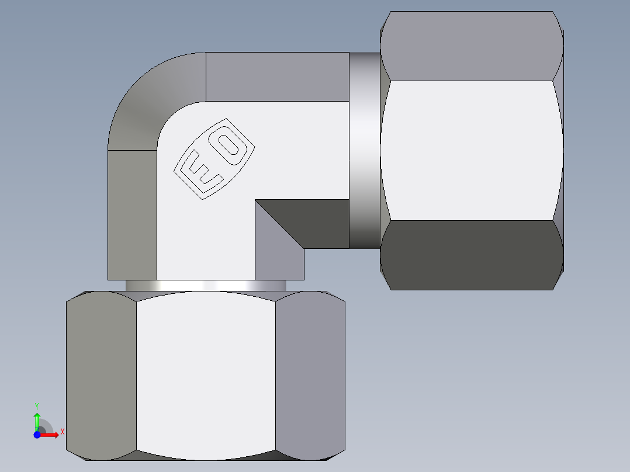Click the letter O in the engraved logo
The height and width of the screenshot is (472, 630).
pyautogui.click(x=232, y=145)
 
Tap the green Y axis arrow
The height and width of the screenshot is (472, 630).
pyautogui.click(x=37, y=420)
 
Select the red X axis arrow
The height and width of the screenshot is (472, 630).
pyautogui.click(x=51, y=435)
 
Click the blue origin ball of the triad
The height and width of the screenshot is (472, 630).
pyautogui.click(x=37, y=435)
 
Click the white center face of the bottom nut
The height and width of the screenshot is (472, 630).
pyautogui.click(x=206, y=374)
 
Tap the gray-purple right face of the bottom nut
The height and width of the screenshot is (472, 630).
pyautogui.click(x=310, y=374)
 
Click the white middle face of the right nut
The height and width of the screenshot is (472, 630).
pyautogui.click(x=471, y=150)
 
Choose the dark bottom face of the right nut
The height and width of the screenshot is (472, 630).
pyautogui.click(x=471, y=255)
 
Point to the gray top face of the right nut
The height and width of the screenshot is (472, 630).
pyautogui.click(x=471, y=46)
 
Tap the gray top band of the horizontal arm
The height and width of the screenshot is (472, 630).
pyautogui.click(x=278, y=77)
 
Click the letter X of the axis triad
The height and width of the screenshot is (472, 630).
pyautogui.click(x=62, y=432)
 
